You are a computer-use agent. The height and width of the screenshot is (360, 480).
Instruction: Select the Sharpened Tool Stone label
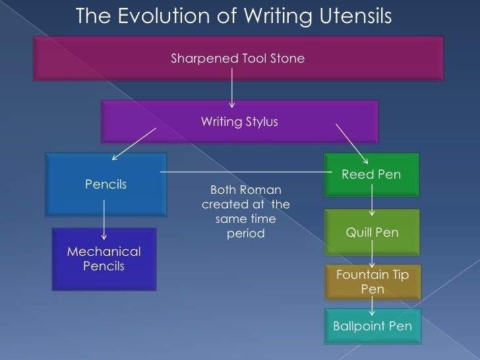[237, 59]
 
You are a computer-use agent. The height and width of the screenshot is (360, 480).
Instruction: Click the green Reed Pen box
[371, 173]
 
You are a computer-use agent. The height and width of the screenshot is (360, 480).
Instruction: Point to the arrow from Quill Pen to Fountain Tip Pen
[373, 254]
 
